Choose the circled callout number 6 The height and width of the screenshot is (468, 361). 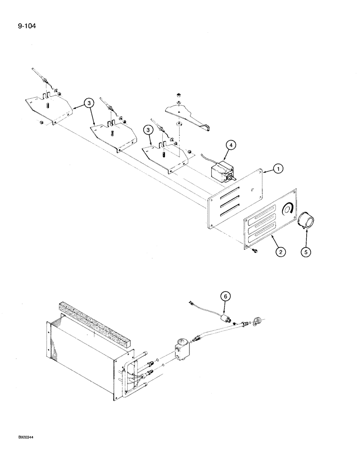click(226, 296)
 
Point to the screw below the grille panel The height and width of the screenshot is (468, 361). click(255, 253)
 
